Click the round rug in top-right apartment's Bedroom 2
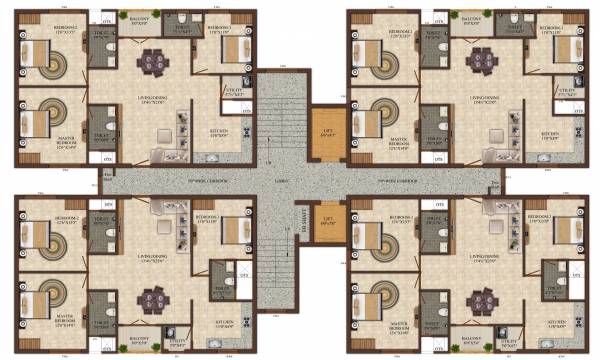[x=384, y=60]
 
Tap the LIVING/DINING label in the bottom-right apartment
[x=480, y=257]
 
